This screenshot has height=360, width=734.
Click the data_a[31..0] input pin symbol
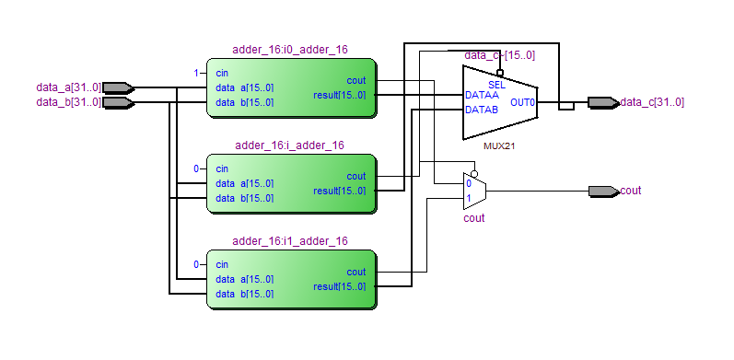119,87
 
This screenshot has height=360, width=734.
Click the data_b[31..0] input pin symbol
119,102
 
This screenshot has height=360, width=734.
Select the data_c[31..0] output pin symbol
603,102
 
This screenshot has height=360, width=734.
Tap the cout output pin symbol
603,191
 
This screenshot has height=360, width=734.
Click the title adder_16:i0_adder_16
290,50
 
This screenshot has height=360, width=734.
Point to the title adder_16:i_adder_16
290,145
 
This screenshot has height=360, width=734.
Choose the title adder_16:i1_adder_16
290,241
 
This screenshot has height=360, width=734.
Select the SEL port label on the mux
496,86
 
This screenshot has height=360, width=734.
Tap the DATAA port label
482,95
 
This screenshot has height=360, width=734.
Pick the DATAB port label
482,110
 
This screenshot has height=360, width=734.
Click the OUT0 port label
522,102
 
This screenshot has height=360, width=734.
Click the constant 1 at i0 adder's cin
196,73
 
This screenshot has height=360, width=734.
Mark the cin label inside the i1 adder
222,264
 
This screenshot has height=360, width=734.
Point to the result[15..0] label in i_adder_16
340,191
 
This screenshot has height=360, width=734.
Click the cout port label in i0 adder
356,80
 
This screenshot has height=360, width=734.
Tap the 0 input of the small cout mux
469,184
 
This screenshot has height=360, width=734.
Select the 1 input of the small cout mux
469,198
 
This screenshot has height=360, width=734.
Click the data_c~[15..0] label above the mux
499,55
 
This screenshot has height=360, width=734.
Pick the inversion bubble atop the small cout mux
474,174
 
